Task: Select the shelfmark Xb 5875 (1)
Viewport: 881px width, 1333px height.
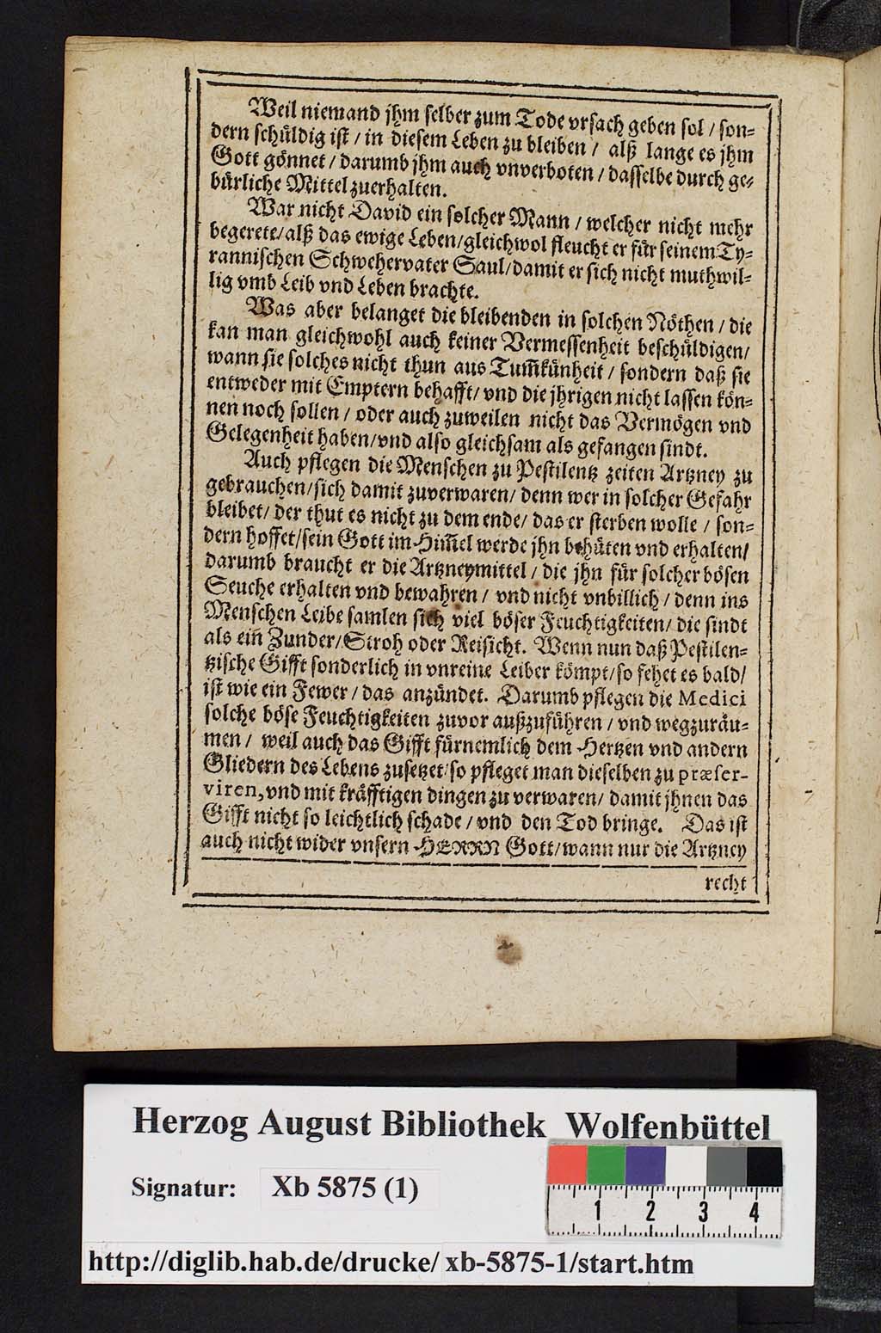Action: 344,1189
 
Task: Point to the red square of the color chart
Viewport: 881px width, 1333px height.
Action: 567,1165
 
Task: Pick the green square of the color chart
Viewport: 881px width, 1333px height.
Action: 606,1165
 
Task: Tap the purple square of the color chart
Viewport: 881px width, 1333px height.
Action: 645,1165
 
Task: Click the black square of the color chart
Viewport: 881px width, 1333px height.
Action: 764,1165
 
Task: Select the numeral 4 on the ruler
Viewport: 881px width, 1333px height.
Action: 754,1213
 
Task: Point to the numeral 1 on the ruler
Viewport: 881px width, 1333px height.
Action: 596,1213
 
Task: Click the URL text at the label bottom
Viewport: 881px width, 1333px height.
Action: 391,1262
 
